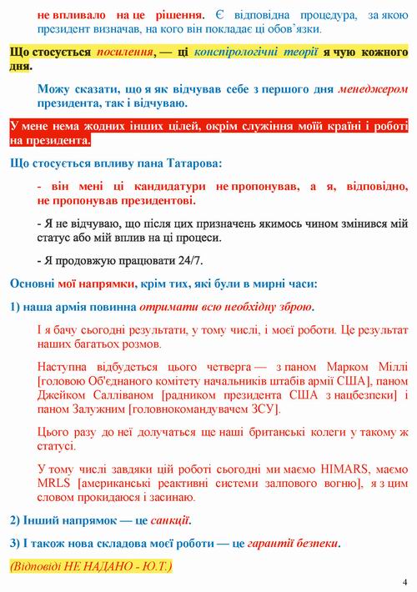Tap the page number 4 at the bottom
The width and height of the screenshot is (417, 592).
point(404,581)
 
